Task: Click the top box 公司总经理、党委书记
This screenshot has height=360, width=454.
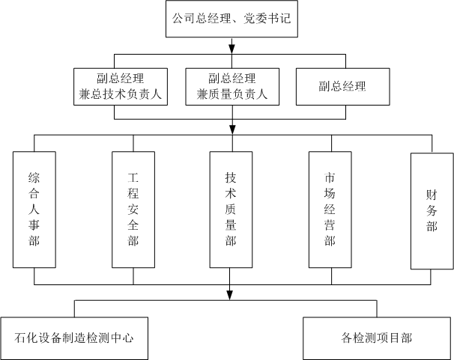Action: tap(230, 20)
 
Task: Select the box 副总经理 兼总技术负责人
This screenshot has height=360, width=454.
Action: tap(121, 86)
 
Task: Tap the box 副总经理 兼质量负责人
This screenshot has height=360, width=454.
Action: tap(231, 86)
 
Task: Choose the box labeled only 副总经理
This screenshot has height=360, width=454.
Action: tap(342, 86)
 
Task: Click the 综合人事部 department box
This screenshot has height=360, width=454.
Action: tap(34, 210)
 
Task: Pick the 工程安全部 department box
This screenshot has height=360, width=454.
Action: tap(133, 210)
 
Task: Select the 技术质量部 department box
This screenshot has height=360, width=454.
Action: tap(231, 210)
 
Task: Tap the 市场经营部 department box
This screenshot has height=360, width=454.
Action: tap(330, 210)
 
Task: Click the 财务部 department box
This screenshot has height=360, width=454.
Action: tap(431, 210)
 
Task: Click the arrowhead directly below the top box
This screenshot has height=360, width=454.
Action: tap(231, 49)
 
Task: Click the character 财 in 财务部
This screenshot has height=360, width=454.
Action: tap(431, 193)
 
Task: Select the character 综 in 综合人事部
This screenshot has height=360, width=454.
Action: tap(34, 177)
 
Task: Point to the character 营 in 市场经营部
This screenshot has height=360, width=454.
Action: tap(330, 225)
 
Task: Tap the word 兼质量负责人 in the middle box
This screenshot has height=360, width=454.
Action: tap(231, 95)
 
